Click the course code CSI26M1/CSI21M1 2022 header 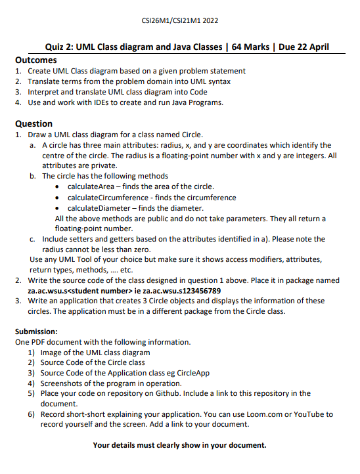(x=180, y=21)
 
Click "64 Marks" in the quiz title (x=250, y=47)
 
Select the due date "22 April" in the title (x=310, y=47)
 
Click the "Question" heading (x=34, y=123)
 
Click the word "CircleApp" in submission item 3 (x=191, y=372)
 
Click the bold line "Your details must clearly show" (x=180, y=445)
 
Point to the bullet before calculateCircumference (x=60, y=198)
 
